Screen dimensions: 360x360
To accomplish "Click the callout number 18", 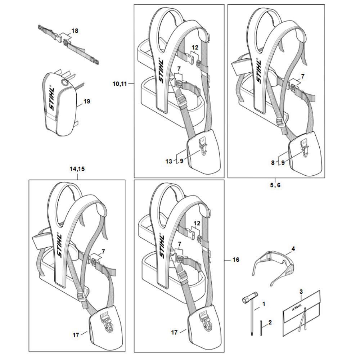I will pos(75,31).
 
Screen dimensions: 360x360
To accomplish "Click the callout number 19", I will pos(86,102).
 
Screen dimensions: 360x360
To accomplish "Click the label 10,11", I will pos(120,84).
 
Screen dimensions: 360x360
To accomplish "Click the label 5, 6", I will pos(276,185).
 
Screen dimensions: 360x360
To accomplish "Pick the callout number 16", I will pos(235,260).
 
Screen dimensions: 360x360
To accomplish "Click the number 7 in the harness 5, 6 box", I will pos(302,76).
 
